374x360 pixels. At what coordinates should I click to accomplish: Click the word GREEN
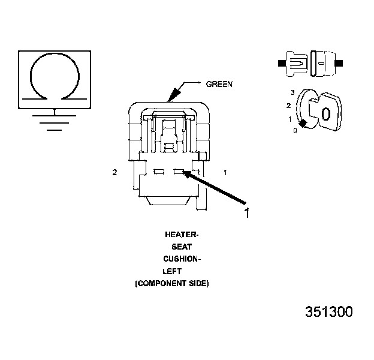pos(219,85)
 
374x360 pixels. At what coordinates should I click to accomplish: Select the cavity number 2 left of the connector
pos(114,173)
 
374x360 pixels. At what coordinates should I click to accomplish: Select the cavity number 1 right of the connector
pos(225,173)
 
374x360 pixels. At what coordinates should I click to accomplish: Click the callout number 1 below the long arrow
pos(246,212)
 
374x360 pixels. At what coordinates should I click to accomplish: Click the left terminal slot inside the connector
pos(159,173)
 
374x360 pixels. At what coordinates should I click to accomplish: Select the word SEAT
pos(182,247)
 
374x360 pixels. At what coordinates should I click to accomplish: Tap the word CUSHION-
pos(182,259)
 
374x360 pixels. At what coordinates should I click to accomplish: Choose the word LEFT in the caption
pos(172,271)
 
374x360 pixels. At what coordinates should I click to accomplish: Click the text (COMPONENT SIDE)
pos(171,283)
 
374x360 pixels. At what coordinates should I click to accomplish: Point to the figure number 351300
pos(328,312)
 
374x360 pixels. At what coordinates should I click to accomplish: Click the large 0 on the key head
pos(326,114)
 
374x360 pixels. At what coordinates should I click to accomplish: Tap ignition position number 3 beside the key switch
pos(292,92)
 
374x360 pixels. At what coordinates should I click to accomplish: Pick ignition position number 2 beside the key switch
pos(289,106)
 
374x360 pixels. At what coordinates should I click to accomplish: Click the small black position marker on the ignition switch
pos(304,124)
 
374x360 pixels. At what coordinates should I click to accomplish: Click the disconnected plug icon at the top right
pos(310,62)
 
